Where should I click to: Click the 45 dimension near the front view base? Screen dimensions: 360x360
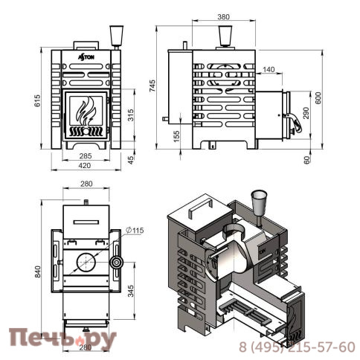click(x=130, y=159)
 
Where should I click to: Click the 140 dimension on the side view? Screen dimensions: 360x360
click(x=268, y=69)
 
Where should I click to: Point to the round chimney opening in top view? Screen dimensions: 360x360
click(x=85, y=263)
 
